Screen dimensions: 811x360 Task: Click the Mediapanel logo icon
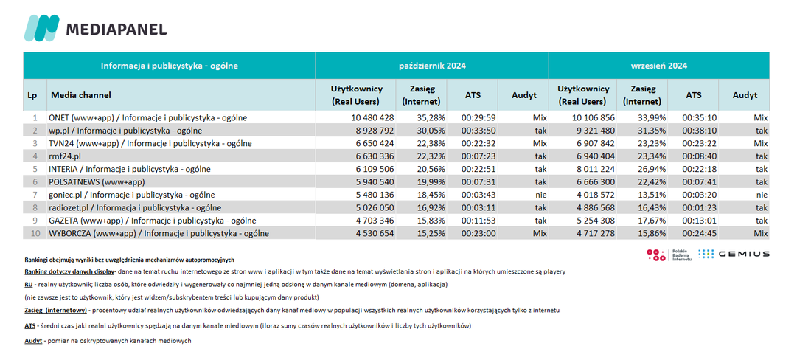tap(42, 28)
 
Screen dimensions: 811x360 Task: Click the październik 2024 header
tap(432, 66)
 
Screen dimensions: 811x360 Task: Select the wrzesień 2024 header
tap(658, 66)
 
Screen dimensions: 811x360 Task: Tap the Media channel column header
tap(80, 95)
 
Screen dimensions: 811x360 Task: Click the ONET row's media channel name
tap(147, 117)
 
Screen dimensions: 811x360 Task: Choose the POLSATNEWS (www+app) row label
tap(97, 182)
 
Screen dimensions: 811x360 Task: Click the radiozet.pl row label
tap(134, 208)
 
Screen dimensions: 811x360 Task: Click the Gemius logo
tap(734, 254)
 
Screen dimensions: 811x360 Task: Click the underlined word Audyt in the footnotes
tap(33, 341)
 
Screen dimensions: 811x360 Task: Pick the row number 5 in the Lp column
tap(35, 169)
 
